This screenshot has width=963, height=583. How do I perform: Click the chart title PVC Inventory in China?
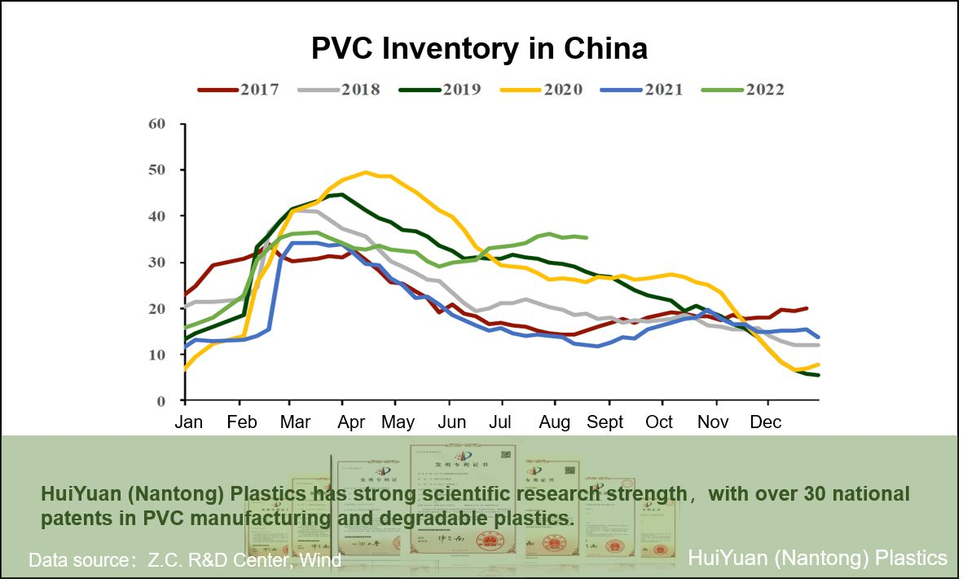coord(479,49)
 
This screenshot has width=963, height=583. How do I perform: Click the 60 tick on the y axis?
coord(156,124)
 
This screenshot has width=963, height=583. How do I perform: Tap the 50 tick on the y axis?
coord(156,170)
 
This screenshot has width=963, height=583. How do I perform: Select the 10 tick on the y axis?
coord(156,355)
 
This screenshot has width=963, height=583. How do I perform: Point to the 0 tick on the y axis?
coord(160,401)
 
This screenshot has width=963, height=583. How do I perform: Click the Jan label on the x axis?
coord(189,422)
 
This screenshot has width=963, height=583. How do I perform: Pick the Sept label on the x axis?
coord(605,422)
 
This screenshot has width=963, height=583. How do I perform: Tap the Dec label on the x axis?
coord(764,422)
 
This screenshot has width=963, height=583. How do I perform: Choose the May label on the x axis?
coord(398,422)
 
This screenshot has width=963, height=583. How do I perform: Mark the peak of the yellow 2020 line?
coord(366,172)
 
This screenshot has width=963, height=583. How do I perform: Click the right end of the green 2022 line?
coord(586,237)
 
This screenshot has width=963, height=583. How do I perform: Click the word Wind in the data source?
coord(320,560)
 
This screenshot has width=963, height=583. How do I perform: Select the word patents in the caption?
coord(70,518)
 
